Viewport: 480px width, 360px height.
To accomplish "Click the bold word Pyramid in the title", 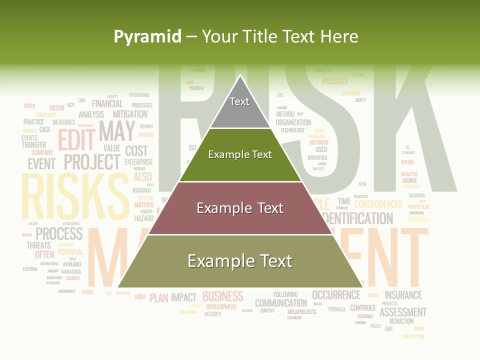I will point(147,36).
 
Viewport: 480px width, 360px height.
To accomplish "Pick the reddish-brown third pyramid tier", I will point(240,208).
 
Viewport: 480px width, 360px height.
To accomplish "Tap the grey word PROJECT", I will point(92,162).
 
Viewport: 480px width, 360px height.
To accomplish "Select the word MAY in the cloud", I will point(116,131).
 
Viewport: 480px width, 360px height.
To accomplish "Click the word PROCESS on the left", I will point(59,233).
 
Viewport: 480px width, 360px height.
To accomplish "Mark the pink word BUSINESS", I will point(222,296).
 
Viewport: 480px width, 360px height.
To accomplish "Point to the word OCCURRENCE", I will point(336,295).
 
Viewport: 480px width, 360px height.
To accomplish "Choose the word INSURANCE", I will point(403,295).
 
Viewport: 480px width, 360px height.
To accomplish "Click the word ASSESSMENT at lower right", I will point(403,312).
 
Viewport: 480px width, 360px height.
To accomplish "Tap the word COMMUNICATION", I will point(281,303).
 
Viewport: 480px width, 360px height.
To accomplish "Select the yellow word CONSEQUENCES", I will point(378,204).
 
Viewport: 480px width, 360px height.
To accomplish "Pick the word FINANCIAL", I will point(107,104).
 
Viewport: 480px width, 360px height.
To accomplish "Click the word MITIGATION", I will point(130,114).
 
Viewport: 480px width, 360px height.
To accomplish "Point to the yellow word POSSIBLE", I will point(335,81).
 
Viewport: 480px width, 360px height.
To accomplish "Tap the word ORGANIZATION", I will point(293,122).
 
